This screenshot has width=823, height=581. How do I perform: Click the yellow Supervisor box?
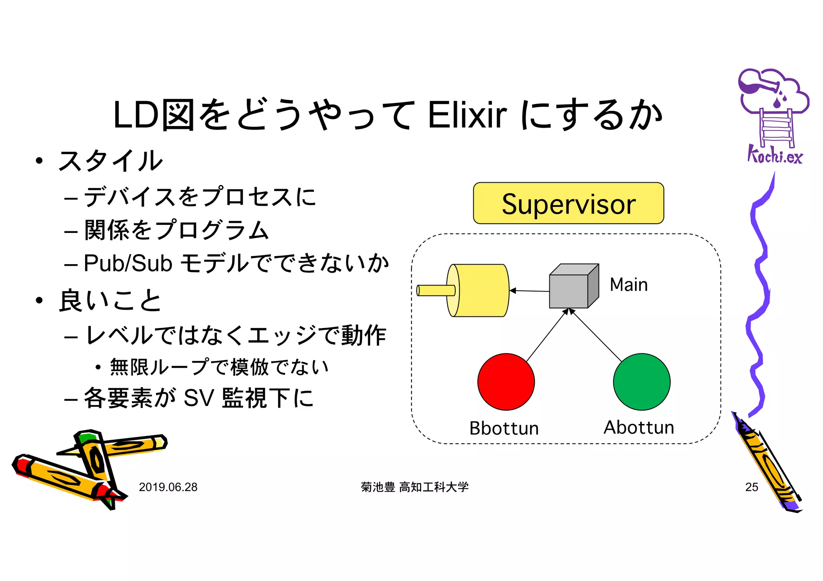[x=568, y=203]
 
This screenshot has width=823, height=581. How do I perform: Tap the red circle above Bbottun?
[x=506, y=381]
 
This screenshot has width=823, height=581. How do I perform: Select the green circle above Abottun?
[x=641, y=381]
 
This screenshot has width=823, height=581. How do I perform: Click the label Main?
[x=629, y=285]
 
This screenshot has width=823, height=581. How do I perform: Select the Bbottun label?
[x=504, y=428]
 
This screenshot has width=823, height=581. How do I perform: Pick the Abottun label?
[x=639, y=427]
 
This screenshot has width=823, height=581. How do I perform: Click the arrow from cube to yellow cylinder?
[x=530, y=291]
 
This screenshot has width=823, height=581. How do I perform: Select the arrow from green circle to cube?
[x=596, y=335]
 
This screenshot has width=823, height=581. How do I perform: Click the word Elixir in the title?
[x=467, y=115]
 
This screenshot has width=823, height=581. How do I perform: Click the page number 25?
[x=751, y=487]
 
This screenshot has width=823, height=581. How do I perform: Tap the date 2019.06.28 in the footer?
[x=168, y=487]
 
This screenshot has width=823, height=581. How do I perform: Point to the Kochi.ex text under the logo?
[x=774, y=155]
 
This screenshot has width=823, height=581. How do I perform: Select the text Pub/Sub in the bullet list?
[x=128, y=264]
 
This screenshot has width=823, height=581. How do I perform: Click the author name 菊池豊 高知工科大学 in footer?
[x=415, y=487]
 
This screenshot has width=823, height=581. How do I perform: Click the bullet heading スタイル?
[x=110, y=161]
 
